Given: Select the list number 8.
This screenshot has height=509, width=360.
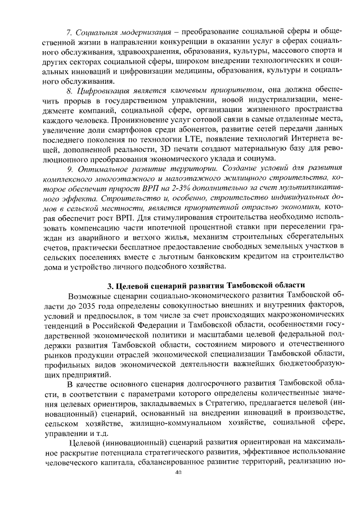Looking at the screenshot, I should click(x=70, y=89).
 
